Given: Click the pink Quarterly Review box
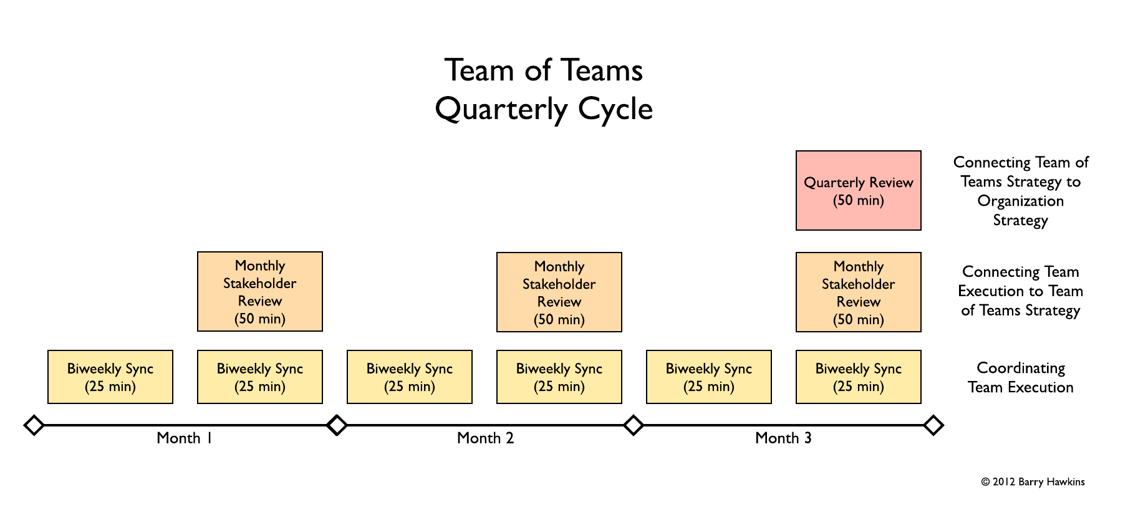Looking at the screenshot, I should pos(858,191).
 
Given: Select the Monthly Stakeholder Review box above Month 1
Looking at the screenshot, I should pos(259,292).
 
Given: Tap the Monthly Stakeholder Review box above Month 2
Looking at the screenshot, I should pos(559,292).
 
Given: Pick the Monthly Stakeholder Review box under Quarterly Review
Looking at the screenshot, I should pos(858,292).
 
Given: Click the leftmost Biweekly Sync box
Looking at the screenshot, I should pos(110,377).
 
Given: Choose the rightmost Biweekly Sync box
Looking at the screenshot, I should pos(858,377).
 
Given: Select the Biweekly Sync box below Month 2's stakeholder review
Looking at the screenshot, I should pos(559,377).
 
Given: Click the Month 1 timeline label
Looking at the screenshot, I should pos(185,438).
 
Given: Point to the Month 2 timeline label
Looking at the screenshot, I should pos(485,438).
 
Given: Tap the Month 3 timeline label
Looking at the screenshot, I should pos(783,438).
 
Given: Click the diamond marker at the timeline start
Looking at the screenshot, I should pos(34,425).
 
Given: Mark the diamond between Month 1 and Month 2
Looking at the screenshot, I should pos(337,425).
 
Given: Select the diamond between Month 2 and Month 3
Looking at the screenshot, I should pos(634,425).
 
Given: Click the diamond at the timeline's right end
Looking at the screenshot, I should pos(933,425).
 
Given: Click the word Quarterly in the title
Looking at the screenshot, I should pos(501,110).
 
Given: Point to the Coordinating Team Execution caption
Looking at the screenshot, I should pos(1020,378).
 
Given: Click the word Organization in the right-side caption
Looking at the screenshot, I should pos(1020,201).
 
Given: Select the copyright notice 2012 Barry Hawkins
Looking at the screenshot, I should pos(1033,482).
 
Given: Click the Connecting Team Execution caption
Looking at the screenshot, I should pos(1020,291).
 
